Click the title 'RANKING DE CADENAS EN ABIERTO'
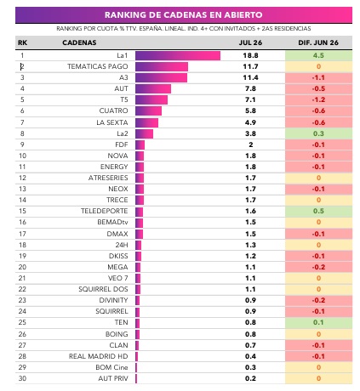[x=184, y=14]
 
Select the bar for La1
[x=178, y=55]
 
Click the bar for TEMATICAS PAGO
[x=162, y=66]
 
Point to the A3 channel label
[x=123, y=77]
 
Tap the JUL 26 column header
[x=250, y=42]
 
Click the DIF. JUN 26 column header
[x=318, y=42]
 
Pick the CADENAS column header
[x=79, y=42]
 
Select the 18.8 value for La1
[x=250, y=55]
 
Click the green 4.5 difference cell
[x=318, y=55]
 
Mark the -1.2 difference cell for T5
[x=318, y=99]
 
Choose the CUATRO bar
[x=148, y=110]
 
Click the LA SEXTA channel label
[x=112, y=122]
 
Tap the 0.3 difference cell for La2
[x=318, y=133]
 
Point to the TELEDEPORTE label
[x=104, y=211]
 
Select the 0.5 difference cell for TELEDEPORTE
[x=318, y=211]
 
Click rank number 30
[x=22, y=378]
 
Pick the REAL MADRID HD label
[x=98, y=356]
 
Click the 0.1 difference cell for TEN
[x=318, y=322]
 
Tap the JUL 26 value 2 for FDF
[x=250, y=144]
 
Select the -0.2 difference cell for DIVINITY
[x=318, y=300]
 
